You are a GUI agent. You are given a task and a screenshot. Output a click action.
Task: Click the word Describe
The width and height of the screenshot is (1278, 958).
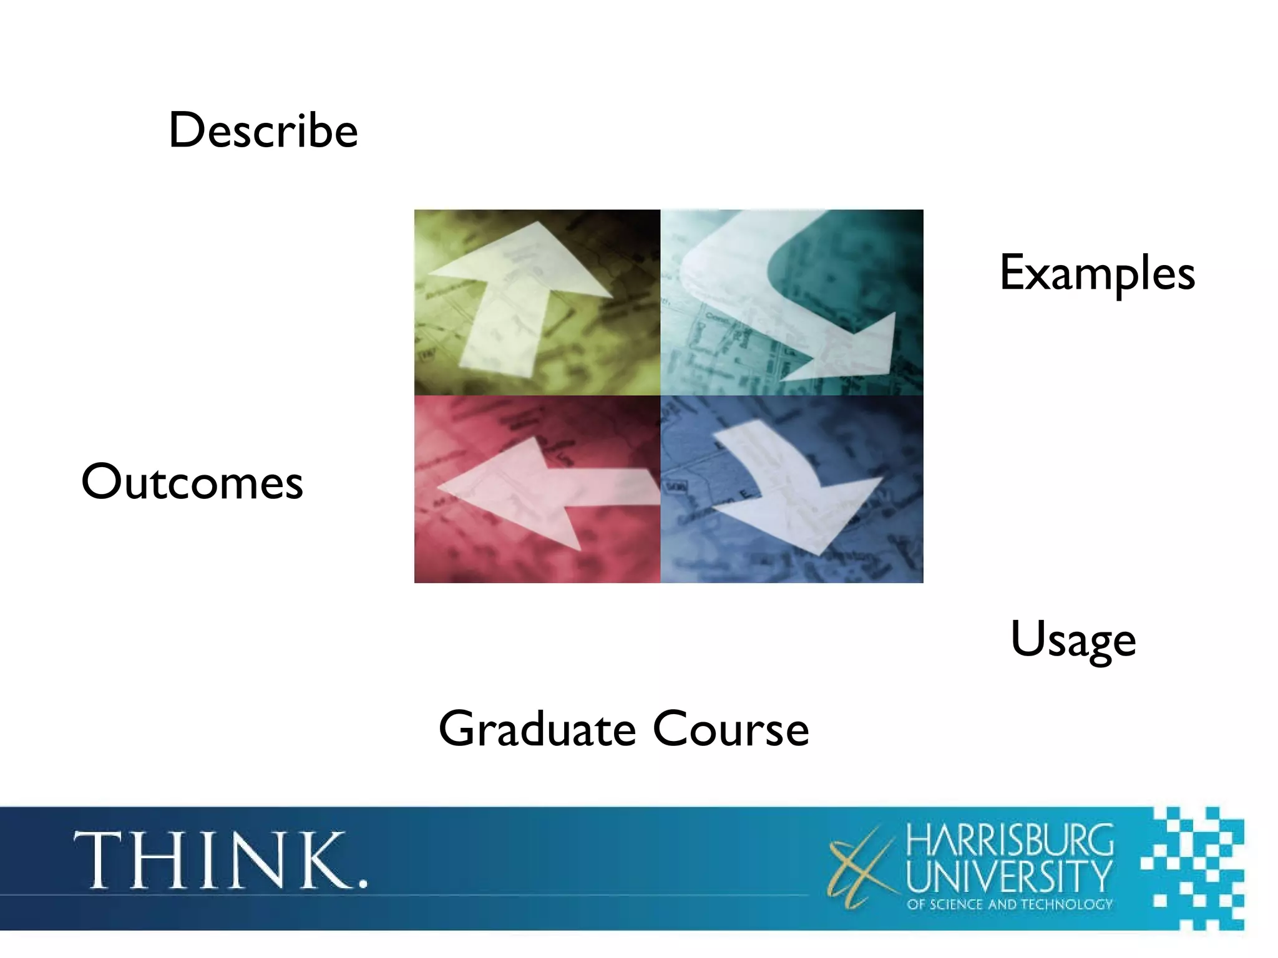pyautogui.click(x=263, y=131)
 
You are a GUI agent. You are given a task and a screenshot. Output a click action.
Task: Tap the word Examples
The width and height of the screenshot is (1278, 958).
pyautogui.click(x=1097, y=273)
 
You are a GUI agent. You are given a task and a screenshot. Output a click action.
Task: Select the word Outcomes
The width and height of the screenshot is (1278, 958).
pyautogui.click(x=192, y=482)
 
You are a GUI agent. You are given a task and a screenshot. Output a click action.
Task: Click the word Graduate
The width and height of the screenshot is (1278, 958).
pyautogui.click(x=537, y=730)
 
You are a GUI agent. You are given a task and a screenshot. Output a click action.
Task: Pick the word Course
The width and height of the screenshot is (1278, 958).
pyautogui.click(x=731, y=728)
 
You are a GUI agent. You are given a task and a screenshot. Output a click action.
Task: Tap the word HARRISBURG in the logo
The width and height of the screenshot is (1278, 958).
pyautogui.click(x=1010, y=841)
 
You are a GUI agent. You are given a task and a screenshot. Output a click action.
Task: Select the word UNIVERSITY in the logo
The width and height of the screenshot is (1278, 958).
pyautogui.click(x=1009, y=876)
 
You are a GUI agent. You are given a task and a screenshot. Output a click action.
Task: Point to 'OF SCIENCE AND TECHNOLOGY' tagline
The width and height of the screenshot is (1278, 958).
pyautogui.click(x=1010, y=904)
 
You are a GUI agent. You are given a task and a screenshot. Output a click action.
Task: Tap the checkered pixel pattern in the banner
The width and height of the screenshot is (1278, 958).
pyautogui.click(x=1192, y=867)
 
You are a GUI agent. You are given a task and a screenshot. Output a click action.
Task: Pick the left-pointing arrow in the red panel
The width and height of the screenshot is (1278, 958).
pyautogui.click(x=543, y=490)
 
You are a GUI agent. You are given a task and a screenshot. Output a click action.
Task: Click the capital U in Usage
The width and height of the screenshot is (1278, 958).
pyautogui.click(x=1027, y=637)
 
